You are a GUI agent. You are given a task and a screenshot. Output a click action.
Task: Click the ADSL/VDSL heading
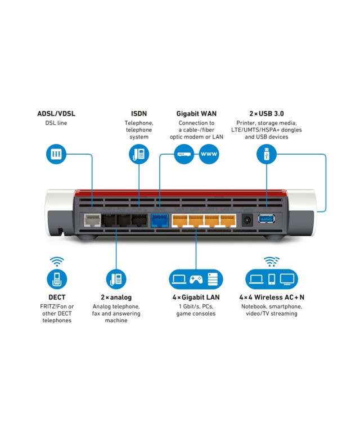pos(56,114)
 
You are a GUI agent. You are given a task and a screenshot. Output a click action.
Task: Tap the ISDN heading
pos(139,114)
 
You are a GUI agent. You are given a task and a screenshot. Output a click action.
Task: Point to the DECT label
pos(57,297)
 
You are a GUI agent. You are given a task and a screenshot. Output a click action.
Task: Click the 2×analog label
pos(116,297)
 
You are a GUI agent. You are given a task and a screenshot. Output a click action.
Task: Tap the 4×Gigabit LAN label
pos(196,297)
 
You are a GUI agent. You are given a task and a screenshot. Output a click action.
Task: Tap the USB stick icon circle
pos(267,154)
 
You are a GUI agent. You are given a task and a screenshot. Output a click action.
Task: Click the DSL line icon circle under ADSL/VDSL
pos(56,154)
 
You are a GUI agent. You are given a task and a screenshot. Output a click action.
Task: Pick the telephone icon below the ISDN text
pos(138,154)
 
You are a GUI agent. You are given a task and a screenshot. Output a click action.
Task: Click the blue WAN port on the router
pos(160,219)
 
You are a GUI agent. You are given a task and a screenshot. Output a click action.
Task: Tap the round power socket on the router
pos(246,220)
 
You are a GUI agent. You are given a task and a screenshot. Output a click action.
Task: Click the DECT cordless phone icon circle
pos(57,278)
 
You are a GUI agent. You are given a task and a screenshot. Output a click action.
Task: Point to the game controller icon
pos(196,278)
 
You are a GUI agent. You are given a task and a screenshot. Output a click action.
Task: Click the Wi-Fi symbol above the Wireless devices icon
pos(272,261)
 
